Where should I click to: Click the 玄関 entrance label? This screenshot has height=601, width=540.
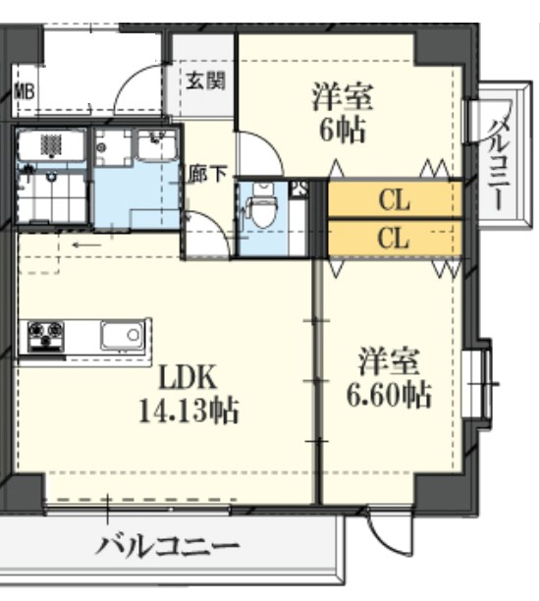[206, 80]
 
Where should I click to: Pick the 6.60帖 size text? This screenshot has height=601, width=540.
[389, 395]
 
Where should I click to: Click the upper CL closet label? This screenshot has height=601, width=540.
[394, 201]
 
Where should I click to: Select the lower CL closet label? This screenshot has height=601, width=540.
[394, 239]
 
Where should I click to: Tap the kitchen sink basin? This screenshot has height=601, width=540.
[124, 336]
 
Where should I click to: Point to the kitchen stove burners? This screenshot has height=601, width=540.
[44, 336]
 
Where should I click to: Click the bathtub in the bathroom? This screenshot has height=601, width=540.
[54, 147]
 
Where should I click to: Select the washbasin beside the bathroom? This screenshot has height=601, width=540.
[154, 148]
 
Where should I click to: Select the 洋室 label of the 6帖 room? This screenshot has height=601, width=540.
[343, 96]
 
